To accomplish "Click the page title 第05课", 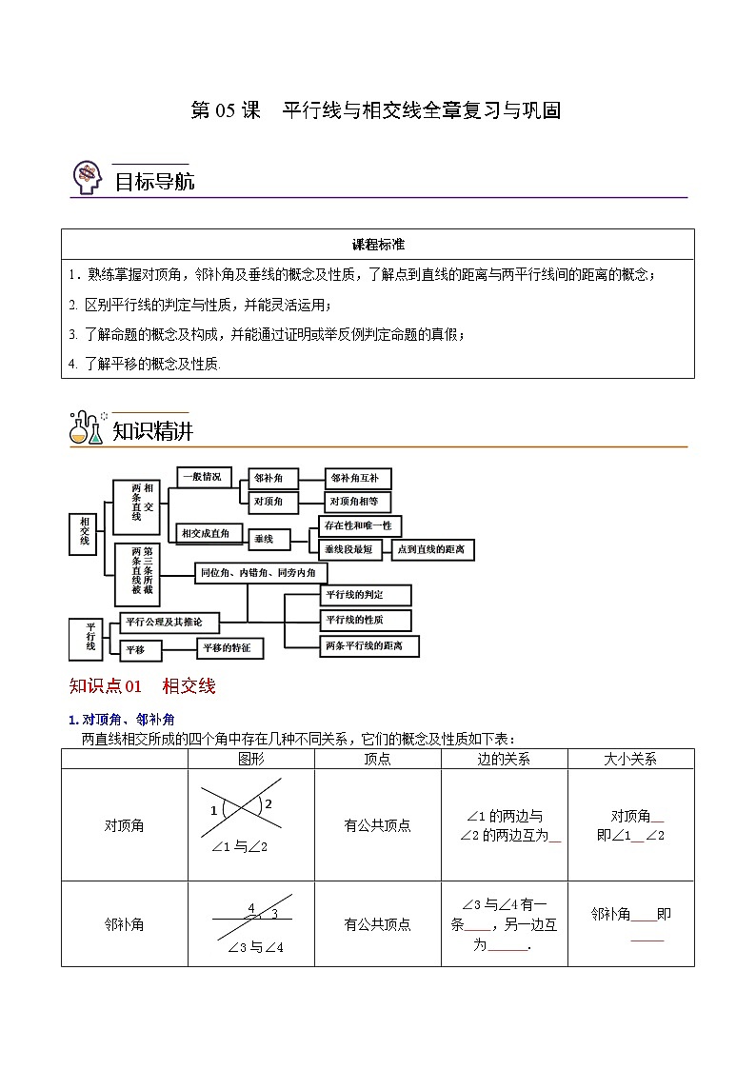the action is pos(226,110).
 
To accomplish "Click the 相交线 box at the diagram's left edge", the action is pos(85,533).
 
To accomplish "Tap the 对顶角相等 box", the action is pos(357,502).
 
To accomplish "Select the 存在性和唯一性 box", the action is pos(358,525).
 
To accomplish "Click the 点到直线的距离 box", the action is pos(433,549).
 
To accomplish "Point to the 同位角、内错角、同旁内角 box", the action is pos(260,573).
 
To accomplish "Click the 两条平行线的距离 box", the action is pos(369,645).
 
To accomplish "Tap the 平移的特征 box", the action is pos(229,648).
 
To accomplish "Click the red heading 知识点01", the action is pos(106,685).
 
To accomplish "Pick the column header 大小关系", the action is pos(630,759).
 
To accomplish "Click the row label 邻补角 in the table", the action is pos(124,924).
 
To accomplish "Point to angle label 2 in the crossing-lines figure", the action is pos(269,804).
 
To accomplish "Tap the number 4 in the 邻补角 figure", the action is pos(251,909).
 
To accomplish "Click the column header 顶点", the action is pos(377,759).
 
